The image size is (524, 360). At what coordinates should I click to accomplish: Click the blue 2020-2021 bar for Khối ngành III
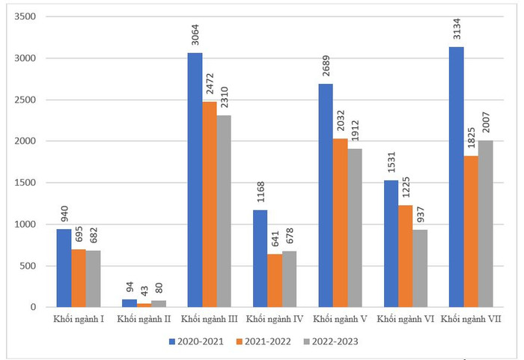pyautogui.click(x=195, y=180)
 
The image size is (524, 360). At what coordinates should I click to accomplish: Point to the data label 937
pyautogui.click(x=419, y=216)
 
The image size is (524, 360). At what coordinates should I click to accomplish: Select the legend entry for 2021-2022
pyautogui.click(x=263, y=341)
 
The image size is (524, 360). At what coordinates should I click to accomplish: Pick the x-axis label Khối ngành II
pyautogui.click(x=144, y=320)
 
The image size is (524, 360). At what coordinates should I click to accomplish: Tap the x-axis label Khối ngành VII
pyautogui.click(x=470, y=320)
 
